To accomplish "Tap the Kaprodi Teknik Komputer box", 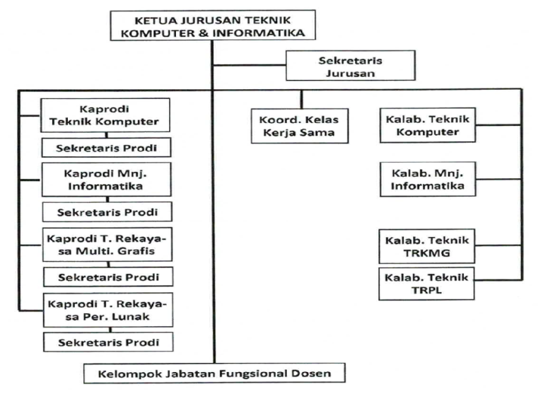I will pos(105,115).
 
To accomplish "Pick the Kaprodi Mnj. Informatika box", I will pos(105,180).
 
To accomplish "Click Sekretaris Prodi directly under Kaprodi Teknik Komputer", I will pos(106,148).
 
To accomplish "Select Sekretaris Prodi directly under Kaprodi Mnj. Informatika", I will pos(106,212).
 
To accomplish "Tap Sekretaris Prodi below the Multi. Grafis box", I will pos(106,277).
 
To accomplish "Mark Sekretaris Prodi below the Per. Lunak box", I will pos(106,342).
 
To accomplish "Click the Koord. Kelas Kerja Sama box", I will pos(300,126).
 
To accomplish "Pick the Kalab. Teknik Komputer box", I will pos(427,124).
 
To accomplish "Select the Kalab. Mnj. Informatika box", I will pos(427,180).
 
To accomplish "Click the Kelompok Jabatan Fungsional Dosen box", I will pos(214,372).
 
